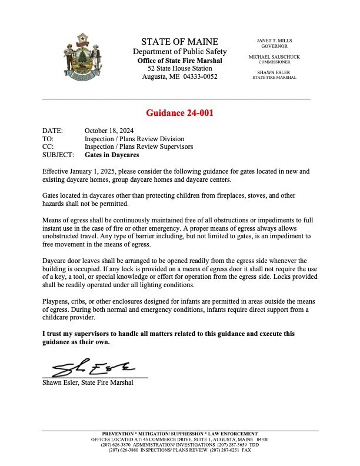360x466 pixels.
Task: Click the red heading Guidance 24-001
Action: [179, 114]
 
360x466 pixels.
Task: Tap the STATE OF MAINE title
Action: [179, 42]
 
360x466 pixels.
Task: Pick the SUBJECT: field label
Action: [58, 156]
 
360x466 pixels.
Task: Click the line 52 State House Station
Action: [179, 69]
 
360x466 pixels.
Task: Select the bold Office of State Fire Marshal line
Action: [179, 61]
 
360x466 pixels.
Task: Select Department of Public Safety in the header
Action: [179, 52]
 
